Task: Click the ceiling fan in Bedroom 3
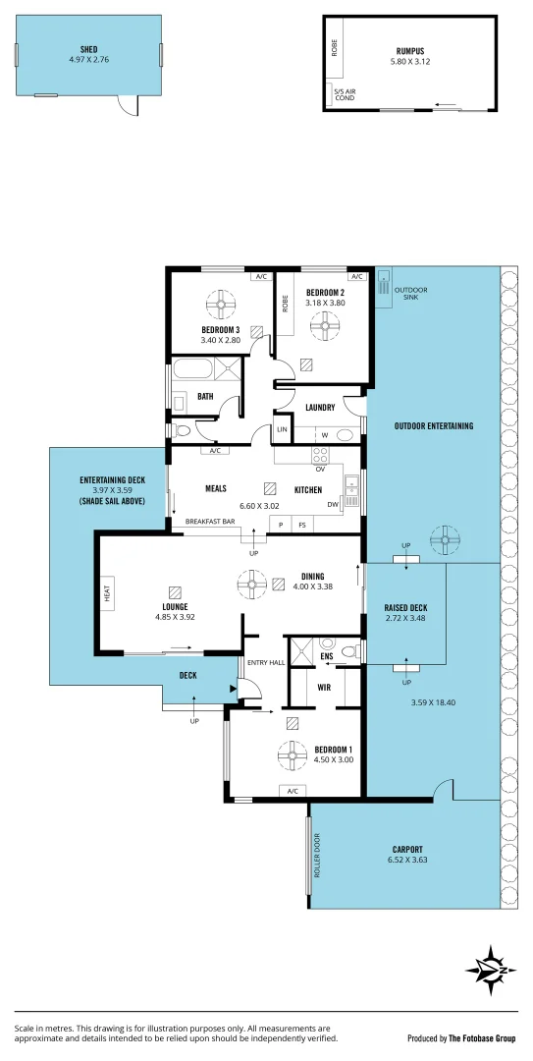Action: [x=221, y=303]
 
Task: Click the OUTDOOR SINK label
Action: [x=406, y=293]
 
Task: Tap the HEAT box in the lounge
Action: [x=107, y=591]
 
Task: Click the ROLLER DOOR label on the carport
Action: [x=317, y=856]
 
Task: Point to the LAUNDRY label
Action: [x=321, y=408]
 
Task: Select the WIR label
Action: [x=324, y=688]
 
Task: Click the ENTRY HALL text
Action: [x=264, y=663]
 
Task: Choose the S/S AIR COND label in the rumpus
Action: [x=345, y=95]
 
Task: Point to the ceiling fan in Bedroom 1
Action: [x=293, y=754]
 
